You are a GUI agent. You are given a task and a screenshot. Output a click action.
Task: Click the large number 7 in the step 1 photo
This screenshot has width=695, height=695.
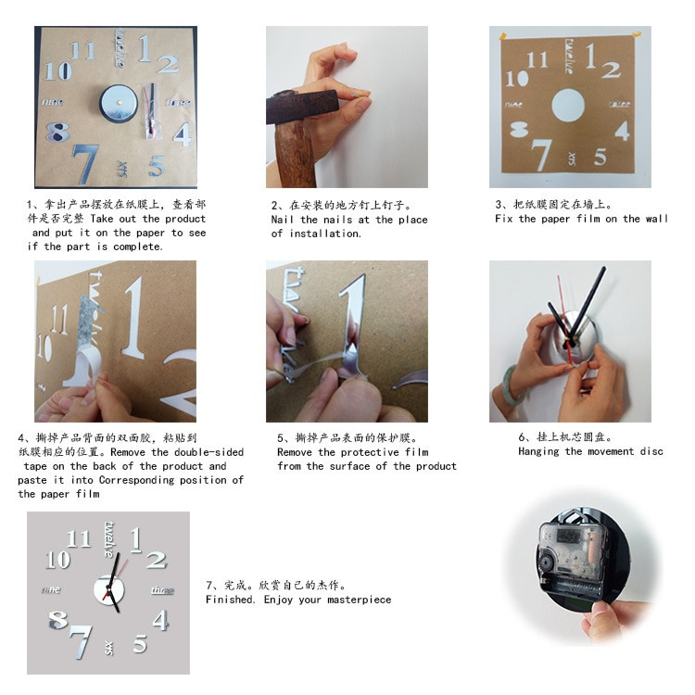(x=85, y=161)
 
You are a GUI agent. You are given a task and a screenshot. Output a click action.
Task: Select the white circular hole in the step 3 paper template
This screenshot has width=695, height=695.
(x=569, y=106)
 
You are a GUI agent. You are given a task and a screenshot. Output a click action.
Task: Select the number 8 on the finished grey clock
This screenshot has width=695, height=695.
(x=58, y=619)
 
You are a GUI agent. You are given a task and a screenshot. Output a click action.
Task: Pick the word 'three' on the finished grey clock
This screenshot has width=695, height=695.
(x=162, y=590)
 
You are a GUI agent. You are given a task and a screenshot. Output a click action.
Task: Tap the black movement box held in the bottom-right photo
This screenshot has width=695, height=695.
(x=566, y=554)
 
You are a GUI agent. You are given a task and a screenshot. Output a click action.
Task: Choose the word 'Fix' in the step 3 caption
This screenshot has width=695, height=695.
(x=503, y=219)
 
